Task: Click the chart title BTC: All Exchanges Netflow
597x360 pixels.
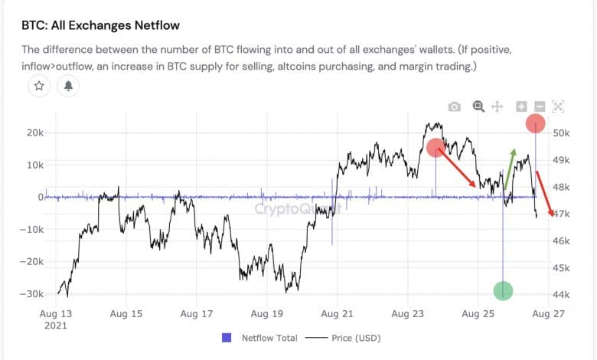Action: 100,25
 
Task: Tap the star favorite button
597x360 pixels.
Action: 39,87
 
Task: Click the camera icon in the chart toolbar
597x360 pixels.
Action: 455,107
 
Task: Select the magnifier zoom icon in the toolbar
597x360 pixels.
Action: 478,107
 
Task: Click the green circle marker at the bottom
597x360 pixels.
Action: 503,290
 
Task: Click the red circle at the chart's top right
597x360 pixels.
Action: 535,123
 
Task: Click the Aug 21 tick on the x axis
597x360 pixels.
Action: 338,313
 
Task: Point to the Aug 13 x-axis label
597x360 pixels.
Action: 56,313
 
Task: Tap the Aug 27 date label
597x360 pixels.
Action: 548,313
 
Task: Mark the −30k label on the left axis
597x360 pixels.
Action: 31,294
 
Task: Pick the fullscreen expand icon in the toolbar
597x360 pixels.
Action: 558,107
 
